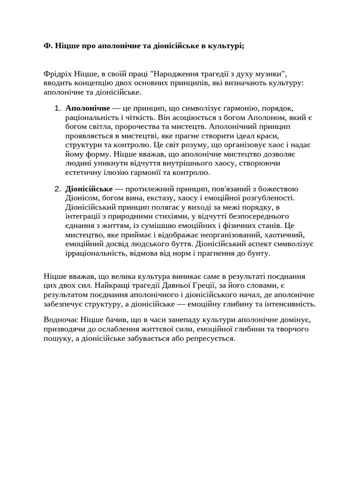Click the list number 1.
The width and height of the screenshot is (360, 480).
[57, 109]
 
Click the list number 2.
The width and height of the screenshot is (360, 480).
[57, 189]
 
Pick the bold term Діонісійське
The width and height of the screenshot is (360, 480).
[89, 189]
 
